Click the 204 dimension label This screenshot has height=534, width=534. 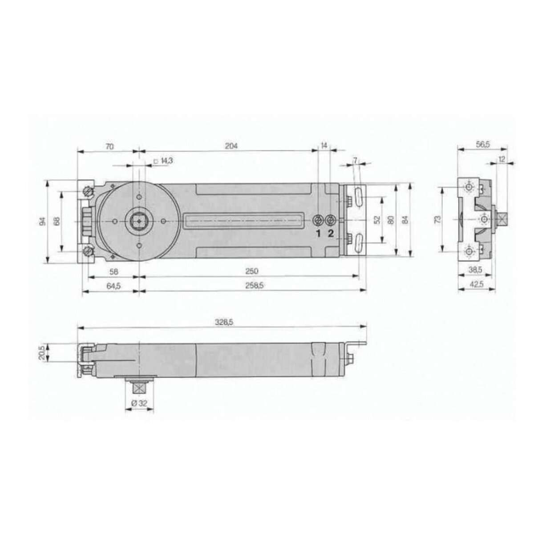(231, 146)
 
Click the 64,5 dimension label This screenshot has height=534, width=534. (113, 286)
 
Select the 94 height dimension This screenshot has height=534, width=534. (42, 221)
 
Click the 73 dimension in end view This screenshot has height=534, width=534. (437, 219)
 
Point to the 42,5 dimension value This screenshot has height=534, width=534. (477, 286)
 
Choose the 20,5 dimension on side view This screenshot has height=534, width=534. (42, 352)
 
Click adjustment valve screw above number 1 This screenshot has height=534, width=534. (318, 221)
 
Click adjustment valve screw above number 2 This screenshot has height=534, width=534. (330, 221)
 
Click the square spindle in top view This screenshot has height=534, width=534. (139, 221)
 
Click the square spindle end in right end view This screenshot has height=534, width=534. (503, 219)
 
